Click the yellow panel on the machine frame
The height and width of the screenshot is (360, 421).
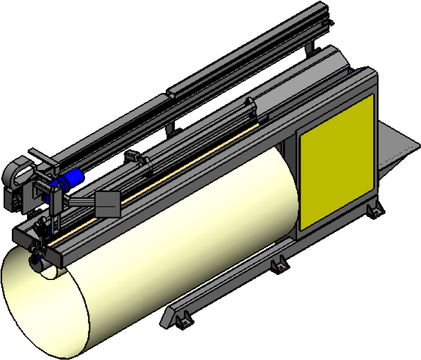click(337, 162)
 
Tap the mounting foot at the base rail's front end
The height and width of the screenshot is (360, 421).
click(181, 321)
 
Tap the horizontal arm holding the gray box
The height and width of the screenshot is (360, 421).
click(82, 201)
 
